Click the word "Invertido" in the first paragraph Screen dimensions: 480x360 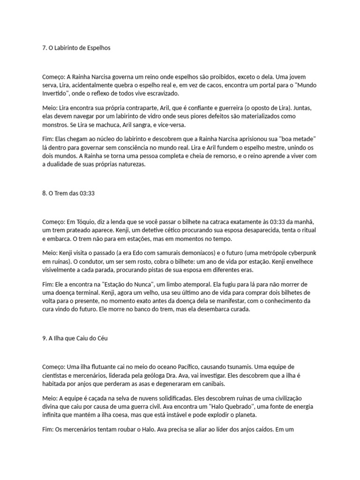(x=54, y=93)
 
